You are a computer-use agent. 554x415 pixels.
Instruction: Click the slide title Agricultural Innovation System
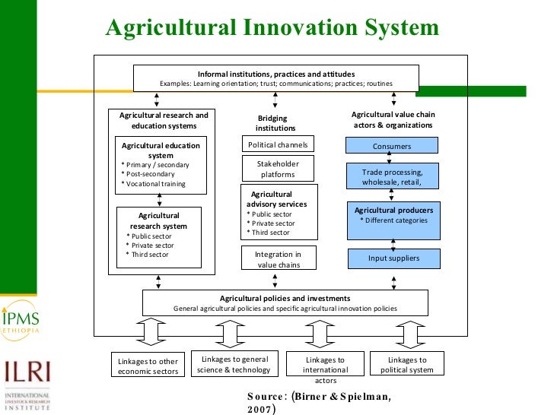point(272,28)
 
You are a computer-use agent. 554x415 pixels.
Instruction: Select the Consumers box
point(392,146)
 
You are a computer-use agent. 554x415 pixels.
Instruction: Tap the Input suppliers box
point(393,258)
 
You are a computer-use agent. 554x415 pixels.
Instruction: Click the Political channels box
point(275,144)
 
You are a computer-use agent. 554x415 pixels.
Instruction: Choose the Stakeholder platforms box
point(277,169)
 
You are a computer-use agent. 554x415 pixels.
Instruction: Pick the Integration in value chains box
point(277,259)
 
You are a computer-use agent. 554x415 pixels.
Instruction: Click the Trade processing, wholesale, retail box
point(392,177)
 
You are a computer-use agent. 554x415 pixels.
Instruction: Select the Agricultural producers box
point(393,220)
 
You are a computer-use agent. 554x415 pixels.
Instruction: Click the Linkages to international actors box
point(325,369)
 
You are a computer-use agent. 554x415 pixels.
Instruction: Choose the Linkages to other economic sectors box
point(148,366)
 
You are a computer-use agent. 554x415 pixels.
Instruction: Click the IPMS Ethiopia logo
point(21,323)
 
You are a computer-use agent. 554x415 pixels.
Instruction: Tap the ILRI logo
point(27,384)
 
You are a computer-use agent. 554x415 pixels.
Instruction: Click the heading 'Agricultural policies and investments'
point(285,298)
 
